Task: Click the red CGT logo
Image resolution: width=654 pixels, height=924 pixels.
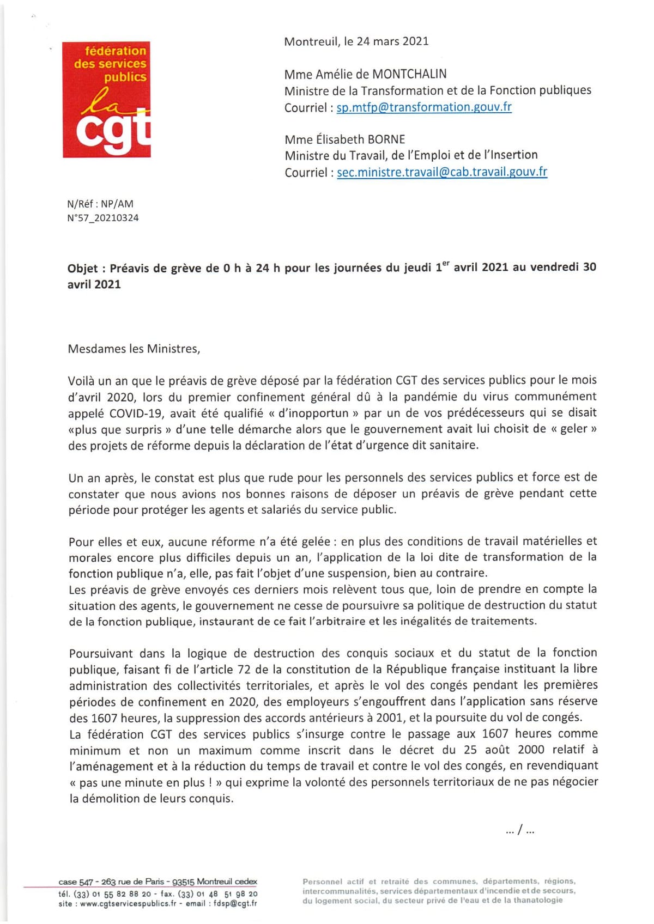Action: pos(106,100)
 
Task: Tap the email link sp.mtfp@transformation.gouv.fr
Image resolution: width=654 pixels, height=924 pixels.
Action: pos(424,107)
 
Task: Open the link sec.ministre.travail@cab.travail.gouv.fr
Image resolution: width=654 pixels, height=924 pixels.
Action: pos(442,172)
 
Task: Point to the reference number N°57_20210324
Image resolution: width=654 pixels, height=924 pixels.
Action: pos(103,218)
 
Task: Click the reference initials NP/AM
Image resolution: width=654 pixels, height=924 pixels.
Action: pos(117,204)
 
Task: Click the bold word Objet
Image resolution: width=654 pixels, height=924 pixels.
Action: pos(82,268)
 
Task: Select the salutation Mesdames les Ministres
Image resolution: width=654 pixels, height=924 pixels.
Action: pos(134,349)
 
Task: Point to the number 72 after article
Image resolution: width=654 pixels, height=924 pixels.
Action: pos(244,670)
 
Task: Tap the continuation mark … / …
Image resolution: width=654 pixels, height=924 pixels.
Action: pos(520,830)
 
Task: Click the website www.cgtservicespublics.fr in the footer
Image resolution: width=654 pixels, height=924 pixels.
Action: pos(128,903)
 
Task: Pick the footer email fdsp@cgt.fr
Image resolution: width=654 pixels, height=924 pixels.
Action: pos(235,903)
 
